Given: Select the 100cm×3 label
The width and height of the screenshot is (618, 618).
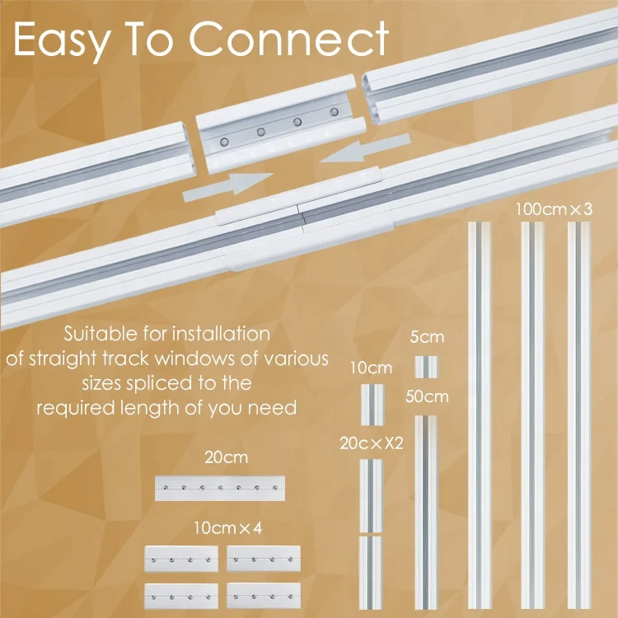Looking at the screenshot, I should click(554, 208).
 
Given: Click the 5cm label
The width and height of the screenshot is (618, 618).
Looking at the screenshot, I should click(427, 337).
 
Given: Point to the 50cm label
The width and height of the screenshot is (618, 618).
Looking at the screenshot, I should click(427, 396).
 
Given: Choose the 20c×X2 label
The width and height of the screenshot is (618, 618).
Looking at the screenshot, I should click(372, 442).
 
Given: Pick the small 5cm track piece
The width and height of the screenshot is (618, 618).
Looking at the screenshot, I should click(426, 366).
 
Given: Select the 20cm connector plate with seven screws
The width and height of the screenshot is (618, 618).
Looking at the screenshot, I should click(219, 488).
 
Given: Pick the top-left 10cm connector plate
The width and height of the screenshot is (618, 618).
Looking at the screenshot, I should click(181, 559).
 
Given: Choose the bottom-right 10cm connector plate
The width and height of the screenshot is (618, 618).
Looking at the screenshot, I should click(264, 596).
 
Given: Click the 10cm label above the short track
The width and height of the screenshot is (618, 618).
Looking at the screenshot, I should click(372, 368).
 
